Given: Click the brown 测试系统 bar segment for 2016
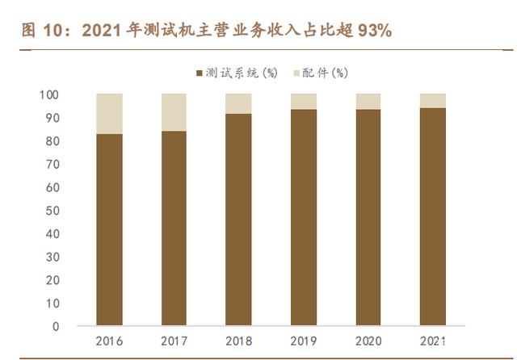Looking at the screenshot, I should tap(109, 230).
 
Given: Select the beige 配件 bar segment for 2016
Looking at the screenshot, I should tap(109, 113).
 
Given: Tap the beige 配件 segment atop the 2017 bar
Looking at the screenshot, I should tap(174, 111).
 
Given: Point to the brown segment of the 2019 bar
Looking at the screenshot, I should tap(303, 218).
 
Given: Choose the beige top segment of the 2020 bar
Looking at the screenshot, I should tap(368, 101).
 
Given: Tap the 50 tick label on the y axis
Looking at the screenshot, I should tap(52, 211).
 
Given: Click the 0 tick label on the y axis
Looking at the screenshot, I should tap(55, 327).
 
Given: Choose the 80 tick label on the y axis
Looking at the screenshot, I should tap(52, 141).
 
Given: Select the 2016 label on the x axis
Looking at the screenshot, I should tap(109, 341).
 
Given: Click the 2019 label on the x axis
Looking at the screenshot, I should tap(303, 341).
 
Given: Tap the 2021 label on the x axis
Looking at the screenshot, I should tap(432, 341).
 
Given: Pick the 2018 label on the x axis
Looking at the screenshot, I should tap(238, 341).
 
